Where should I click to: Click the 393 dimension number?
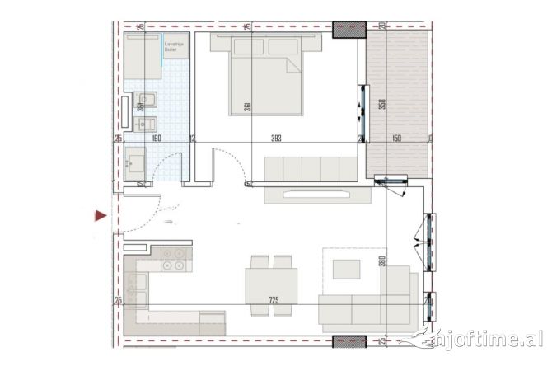[x=283, y=138]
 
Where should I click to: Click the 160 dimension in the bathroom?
[x=156, y=139]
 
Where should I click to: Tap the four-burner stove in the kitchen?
[x=174, y=259]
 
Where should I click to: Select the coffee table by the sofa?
[x=346, y=269]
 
